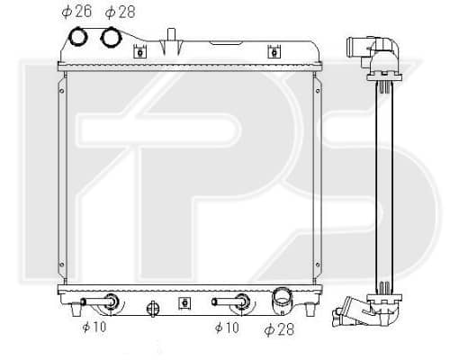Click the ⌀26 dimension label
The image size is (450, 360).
point(76,12)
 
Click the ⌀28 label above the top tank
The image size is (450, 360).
point(121,12)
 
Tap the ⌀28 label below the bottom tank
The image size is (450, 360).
point(279,329)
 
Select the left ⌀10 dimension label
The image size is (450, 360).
point(94,327)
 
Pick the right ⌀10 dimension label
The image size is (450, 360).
point(227,328)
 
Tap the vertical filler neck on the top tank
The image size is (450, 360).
point(171,34)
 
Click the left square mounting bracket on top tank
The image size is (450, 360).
point(140,52)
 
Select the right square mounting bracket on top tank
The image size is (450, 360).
point(274,52)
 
